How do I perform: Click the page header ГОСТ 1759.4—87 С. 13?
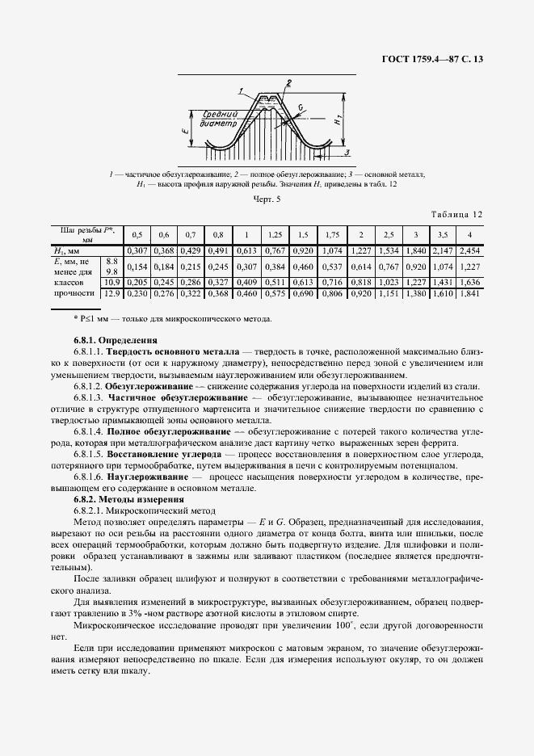436,59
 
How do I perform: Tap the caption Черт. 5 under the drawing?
267,198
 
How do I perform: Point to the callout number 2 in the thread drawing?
288,83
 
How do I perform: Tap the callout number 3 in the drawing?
347,152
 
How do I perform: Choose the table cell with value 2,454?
469,252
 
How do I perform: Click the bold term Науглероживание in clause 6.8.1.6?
150,477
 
